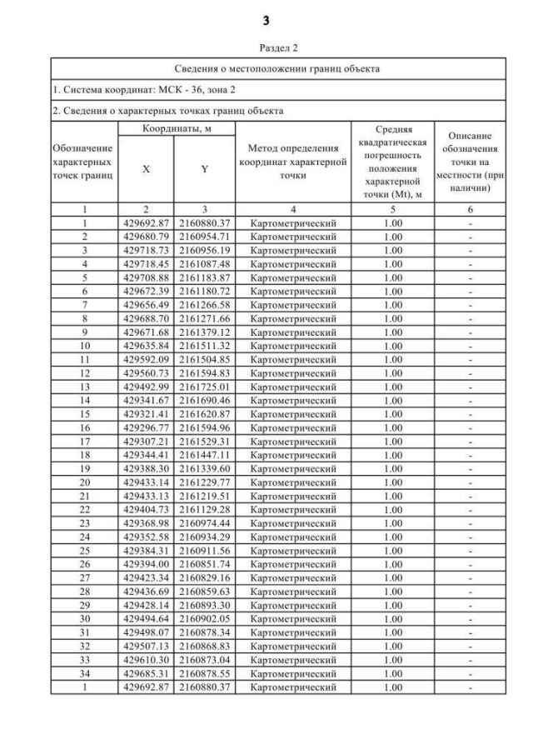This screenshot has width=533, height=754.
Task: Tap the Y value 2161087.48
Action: pos(205,262)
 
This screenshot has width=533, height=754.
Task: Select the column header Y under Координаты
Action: pos(205,169)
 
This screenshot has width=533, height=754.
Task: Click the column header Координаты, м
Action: pos(176,129)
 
